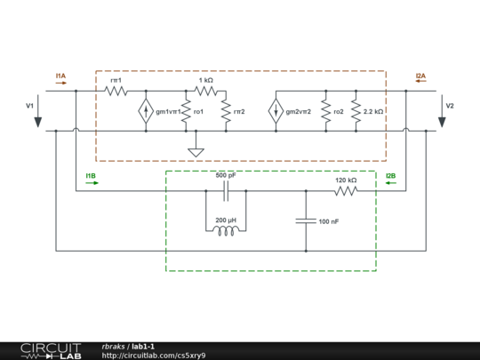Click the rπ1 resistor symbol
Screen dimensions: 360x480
pyautogui.click(x=116, y=91)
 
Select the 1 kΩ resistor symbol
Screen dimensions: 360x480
pyautogui.click(x=205, y=91)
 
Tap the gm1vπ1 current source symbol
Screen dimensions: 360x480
pyautogui.click(x=145, y=111)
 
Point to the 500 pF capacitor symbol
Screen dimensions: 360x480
pyautogui.click(x=226, y=189)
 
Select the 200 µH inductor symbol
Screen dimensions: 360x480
pyautogui.click(x=226, y=230)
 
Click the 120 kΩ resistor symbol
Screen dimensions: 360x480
pyautogui.click(x=346, y=189)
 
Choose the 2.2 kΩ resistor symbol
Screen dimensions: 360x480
pyautogui.click(x=356, y=111)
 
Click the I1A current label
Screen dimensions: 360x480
pyautogui.click(x=60, y=76)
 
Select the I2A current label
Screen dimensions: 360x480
pyautogui.click(x=420, y=76)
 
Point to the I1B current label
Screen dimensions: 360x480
pyautogui.click(x=91, y=176)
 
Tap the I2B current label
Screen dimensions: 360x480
pyautogui.click(x=390, y=176)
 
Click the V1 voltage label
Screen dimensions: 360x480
pyautogui.click(x=29, y=106)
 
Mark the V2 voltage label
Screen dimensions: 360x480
pyautogui.click(x=450, y=106)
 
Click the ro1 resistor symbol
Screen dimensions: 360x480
pyautogui.click(x=185, y=111)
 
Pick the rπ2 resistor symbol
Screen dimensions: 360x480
pyautogui.click(x=226, y=111)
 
